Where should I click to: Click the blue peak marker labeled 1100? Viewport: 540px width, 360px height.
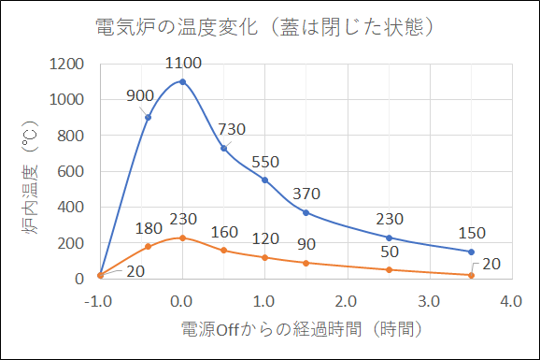point(182,81)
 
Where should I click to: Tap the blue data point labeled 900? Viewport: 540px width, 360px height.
point(148,117)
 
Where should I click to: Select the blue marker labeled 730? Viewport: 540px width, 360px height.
point(223,148)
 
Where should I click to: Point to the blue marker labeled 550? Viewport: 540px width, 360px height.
point(264,180)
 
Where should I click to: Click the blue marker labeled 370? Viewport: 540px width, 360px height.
point(306,212)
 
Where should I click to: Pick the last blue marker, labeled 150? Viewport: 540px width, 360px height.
point(471,252)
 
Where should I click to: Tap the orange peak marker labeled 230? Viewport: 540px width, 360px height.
point(182,238)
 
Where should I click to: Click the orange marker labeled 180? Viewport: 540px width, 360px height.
point(148,246)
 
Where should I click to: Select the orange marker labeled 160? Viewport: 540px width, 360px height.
point(223,250)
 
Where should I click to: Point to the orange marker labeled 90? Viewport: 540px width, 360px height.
point(306,263)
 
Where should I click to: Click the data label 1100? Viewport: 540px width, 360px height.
point(182,64)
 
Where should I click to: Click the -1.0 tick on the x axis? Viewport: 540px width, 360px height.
point(99,301)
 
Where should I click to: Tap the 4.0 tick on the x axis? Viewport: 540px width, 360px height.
point(510,301)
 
